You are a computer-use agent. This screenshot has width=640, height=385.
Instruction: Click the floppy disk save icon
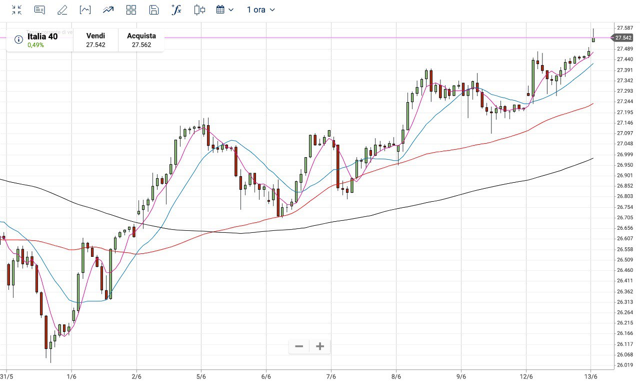coord(154,10)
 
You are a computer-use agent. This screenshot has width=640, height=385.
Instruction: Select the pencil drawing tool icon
coord(62,10)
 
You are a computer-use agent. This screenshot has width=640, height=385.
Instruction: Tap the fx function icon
coord(176,10)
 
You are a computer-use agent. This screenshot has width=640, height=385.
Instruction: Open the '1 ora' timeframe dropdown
coord(260,10)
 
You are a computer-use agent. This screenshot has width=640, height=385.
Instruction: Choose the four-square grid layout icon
coord(131,10)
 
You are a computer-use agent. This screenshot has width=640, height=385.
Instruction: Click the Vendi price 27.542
coord(95,45)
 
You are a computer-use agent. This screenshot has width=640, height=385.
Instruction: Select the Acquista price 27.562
coord(141,45)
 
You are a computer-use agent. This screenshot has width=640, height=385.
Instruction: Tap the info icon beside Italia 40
coord(18,40)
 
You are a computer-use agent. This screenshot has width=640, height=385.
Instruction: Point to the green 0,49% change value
coord(35,45)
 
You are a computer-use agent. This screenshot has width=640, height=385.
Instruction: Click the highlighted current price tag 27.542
coord(623,38)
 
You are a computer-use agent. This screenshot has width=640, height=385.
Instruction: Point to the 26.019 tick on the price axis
coord(624,365)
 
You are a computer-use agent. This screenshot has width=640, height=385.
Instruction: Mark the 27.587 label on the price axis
coord(624,28)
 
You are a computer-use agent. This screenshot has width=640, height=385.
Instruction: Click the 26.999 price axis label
coord(624,154)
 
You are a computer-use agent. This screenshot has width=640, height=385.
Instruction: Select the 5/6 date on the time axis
coord(201,376)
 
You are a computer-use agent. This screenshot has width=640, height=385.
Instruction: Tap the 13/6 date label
coord(591,376)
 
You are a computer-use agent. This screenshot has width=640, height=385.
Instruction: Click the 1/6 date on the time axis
coord(71,376)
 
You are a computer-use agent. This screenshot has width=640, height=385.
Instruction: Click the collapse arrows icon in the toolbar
coord(16,10)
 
